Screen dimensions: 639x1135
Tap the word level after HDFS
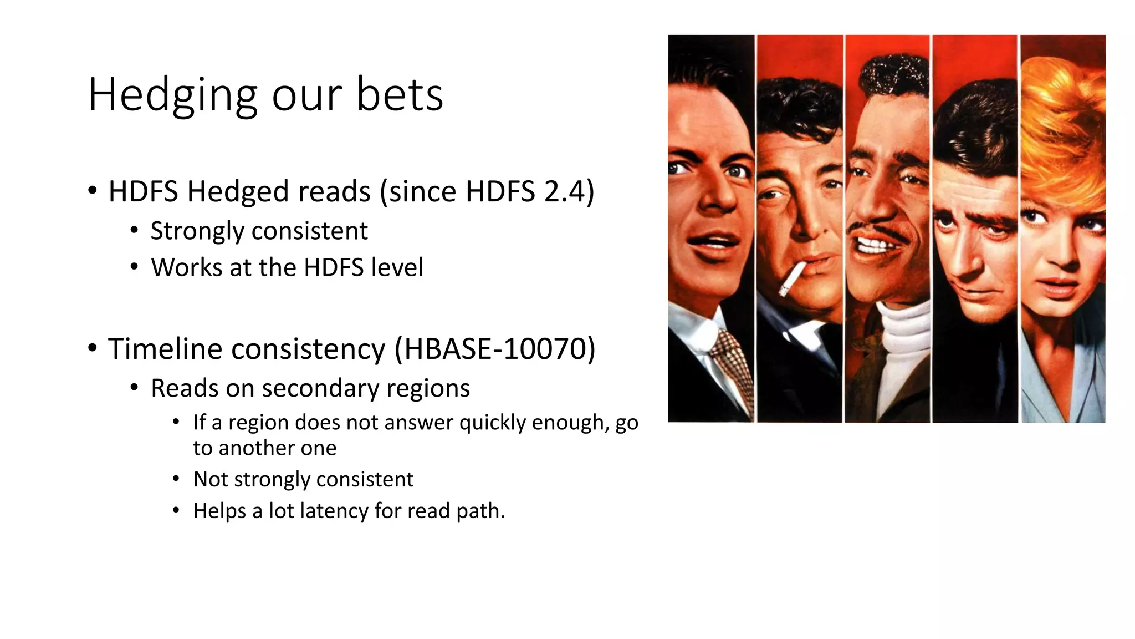pyautogui.click(x=397, y=267)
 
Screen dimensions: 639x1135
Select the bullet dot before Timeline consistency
pyautogui.click(x=93, y=349)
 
